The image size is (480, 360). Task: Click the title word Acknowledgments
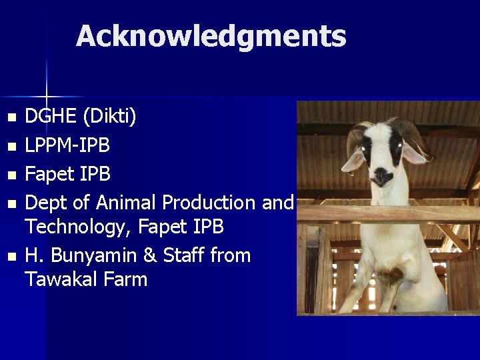(x=211, y=36)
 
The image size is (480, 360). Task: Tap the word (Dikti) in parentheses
(x=109, y=118)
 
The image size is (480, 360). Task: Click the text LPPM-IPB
(x=67, y=145)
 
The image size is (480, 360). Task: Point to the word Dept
(x=45, y=203)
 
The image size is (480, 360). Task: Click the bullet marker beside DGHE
(x=9, y=118)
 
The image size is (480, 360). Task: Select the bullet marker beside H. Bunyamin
(x=9, y=256)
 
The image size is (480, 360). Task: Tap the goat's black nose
(x=382, y=176)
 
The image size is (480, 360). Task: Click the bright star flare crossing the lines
(x=46, y=96)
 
